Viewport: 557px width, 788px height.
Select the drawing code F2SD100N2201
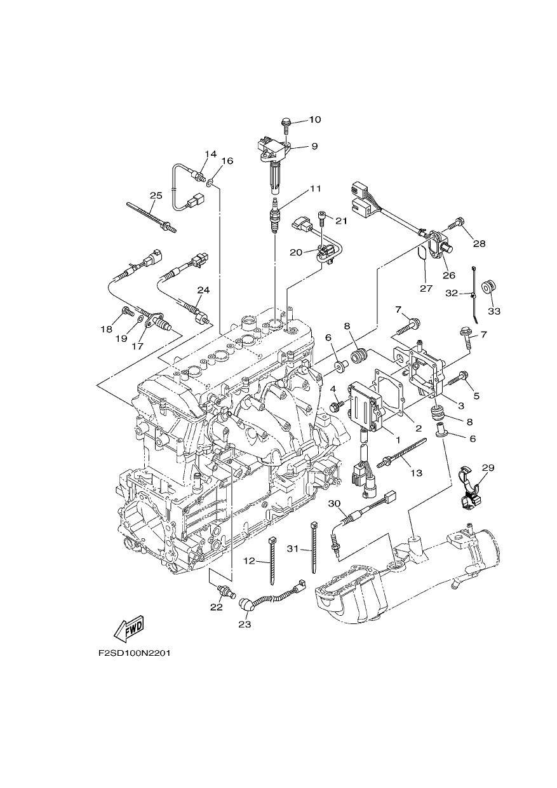click(135, 663)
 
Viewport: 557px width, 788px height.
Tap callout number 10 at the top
click(315, 119)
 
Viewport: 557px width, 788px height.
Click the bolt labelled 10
click(286, 126)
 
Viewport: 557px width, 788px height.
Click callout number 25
click(156, 196)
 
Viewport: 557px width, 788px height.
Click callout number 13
click(417, 473)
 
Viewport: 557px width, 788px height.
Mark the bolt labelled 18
click(128, 311)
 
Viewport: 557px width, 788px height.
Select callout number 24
click(203, 290)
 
